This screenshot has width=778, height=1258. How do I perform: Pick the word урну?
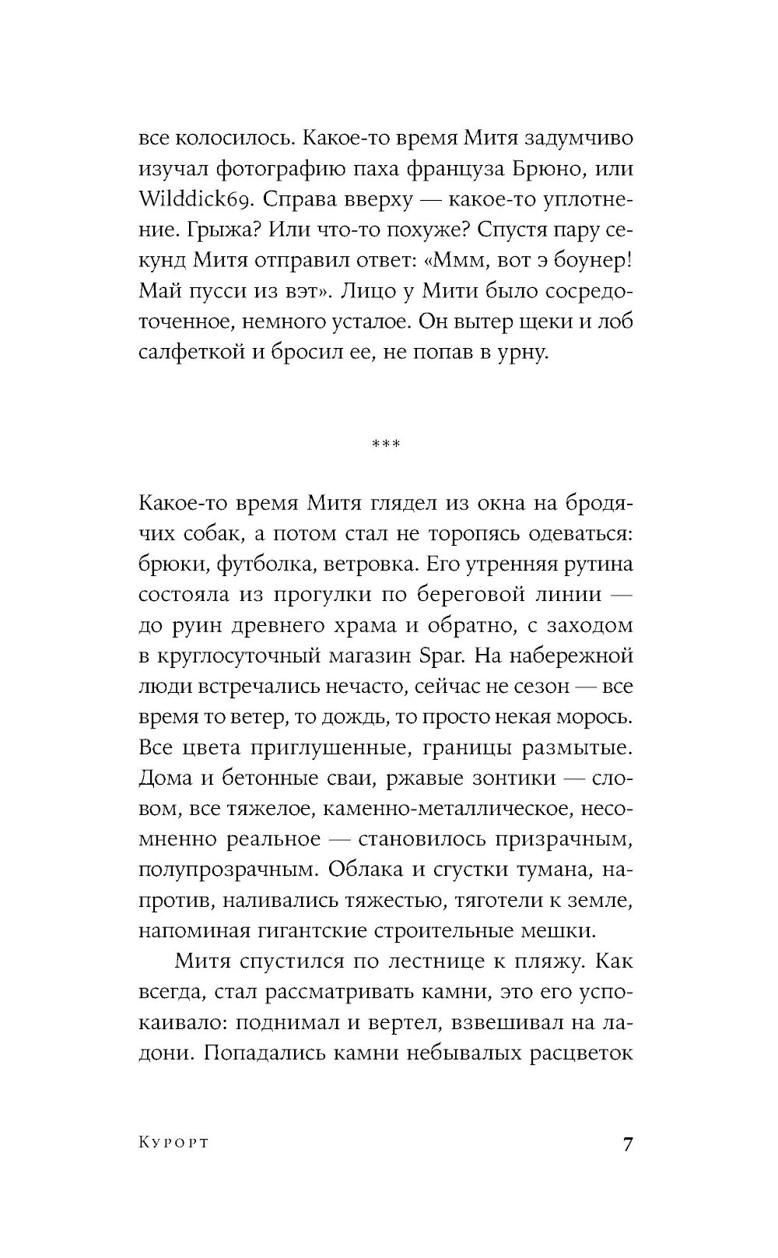click(x=524, y=352)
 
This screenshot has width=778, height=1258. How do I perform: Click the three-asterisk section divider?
click(x=386, y=445)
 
